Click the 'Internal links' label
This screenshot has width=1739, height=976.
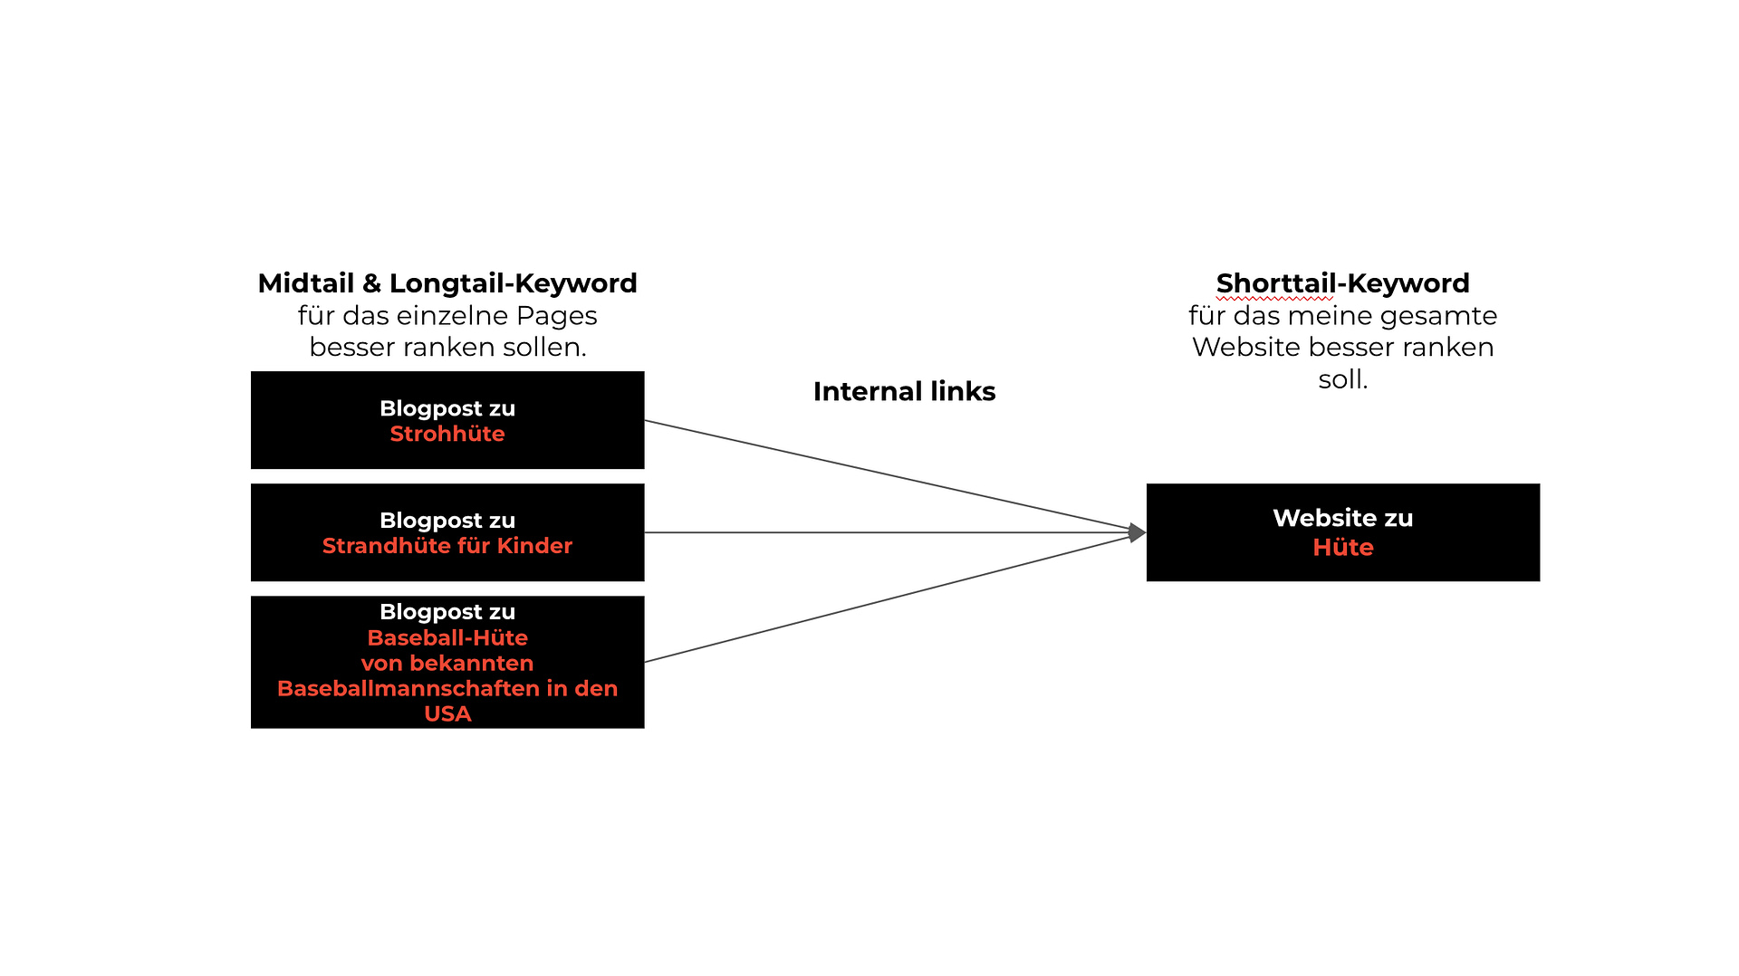[904, 391]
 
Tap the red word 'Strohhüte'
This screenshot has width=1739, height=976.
[447, 434]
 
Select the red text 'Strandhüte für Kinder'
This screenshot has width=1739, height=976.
[447, 546]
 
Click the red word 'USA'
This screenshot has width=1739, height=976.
[447, 714]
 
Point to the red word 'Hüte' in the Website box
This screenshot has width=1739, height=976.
[1342, 548]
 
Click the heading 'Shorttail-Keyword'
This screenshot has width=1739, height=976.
[1342, 283]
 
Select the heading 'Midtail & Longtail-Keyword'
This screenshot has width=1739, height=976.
[447, 283]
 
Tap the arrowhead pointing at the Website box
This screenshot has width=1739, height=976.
[1137, 532]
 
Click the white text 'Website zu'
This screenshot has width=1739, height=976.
[1342, 518]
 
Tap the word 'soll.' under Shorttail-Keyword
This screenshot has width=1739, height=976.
[1342, 379]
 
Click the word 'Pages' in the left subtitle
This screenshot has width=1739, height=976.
[556, 316]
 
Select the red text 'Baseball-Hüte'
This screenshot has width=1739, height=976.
[447, 638]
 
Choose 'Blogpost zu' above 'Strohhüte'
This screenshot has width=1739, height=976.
[447, 408]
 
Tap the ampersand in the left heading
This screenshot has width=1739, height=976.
[371, 283]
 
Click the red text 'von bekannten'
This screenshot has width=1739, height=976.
[447, 664]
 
